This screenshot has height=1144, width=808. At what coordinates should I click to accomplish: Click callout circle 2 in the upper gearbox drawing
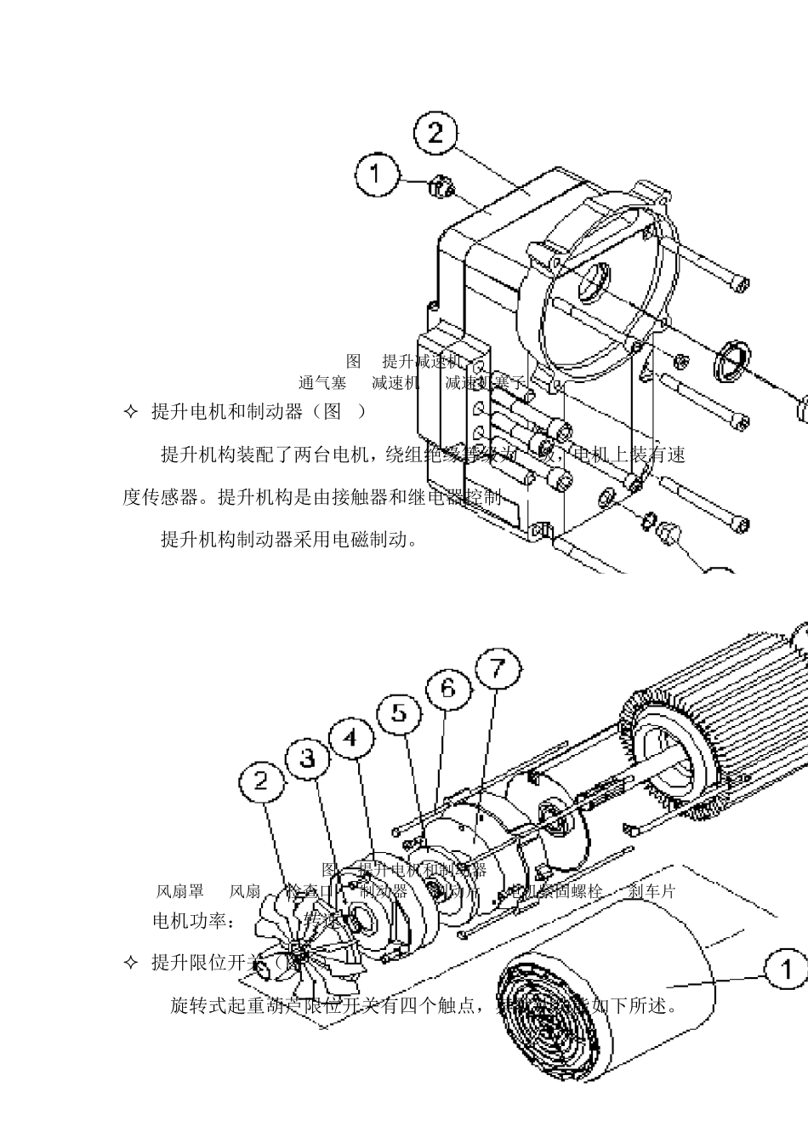click(x=435, y=134)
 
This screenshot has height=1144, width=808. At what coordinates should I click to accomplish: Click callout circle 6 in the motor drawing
click(x=448, y=687)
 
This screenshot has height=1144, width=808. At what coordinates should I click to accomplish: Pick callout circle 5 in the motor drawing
click(x=400, y=712)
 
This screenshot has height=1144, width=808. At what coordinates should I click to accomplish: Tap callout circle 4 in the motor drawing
click(x=351, y=738)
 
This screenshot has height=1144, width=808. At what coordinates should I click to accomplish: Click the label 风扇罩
click(x=179, y=891)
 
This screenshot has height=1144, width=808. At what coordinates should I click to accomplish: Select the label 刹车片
click(x=652, y=891)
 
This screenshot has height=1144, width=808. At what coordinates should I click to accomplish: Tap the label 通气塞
click(x=321, y=383)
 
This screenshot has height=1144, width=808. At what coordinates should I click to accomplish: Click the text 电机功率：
click(x=191, y=921)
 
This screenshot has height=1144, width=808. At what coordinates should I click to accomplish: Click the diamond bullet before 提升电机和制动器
click(x=130, y=412)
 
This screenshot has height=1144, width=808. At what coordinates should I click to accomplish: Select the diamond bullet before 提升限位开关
click(x=130, y=963)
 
